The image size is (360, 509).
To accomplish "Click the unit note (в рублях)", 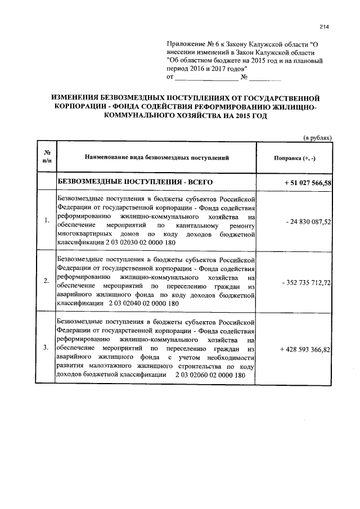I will (318, 137).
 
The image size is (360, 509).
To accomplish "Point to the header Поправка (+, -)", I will (294, 158).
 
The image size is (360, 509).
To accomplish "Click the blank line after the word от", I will (202, 77).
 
